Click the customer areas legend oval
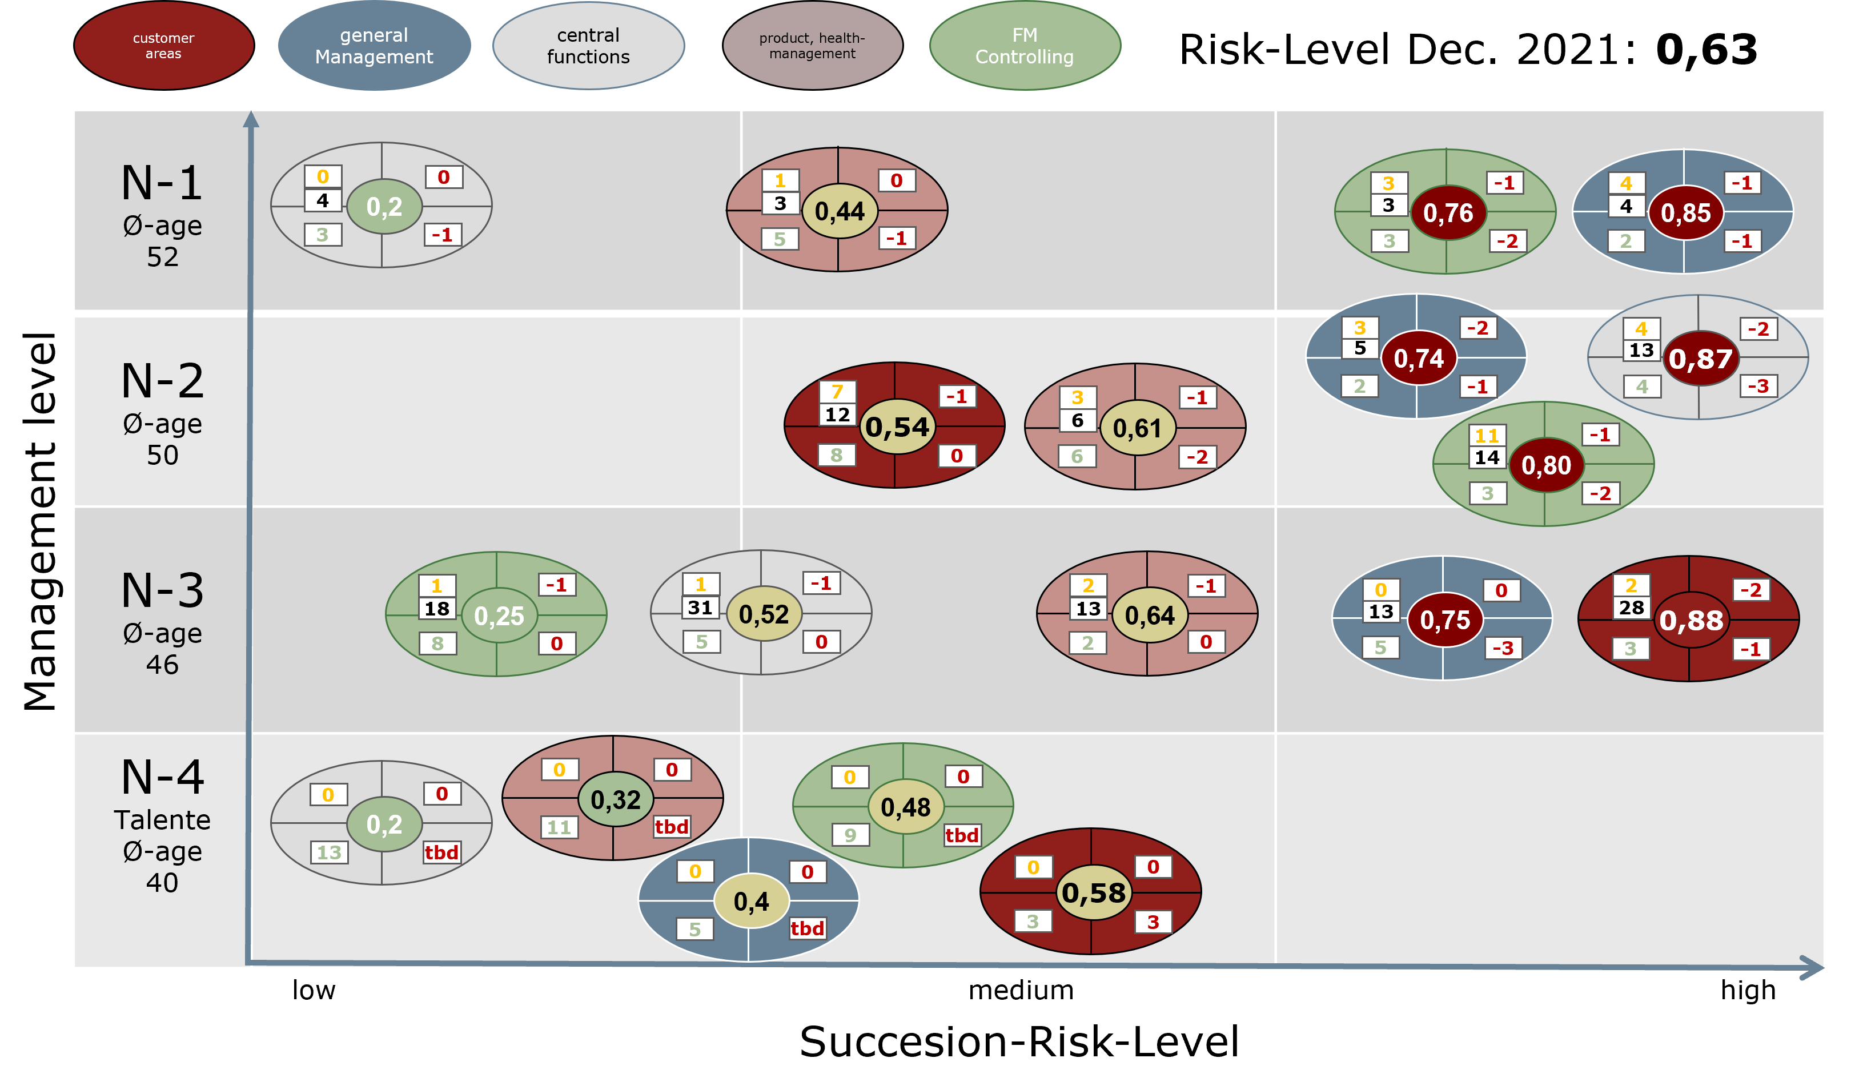pos(164,46)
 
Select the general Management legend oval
pos(374,46)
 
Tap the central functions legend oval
pos(588,46)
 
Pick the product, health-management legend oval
pos(812,46)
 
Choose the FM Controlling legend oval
pos(1025,46)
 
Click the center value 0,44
pos(840,211)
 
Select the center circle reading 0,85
pos(1686,213)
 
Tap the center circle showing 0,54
pos(897,427)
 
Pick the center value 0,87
pos(1700,359)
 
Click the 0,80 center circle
pos(1546,465)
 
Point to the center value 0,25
pos(499,616)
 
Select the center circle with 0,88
pos(1691,621)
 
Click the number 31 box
pos(700,608)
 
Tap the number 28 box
pos(1631,608)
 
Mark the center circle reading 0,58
pos(1093,892)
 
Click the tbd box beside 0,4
pos(807,928)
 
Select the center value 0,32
pos(616,799)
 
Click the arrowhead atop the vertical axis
pos(251,119)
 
